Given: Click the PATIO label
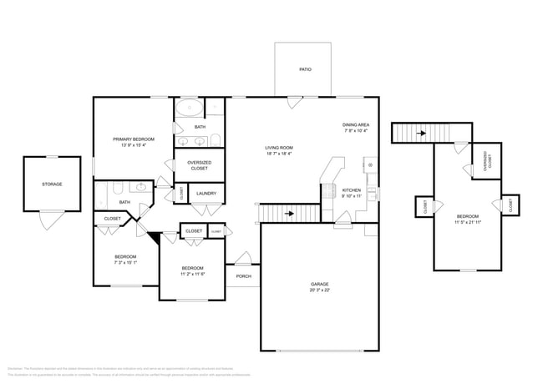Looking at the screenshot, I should coord(305,69).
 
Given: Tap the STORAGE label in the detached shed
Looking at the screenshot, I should coord(52,184).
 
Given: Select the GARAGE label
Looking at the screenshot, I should coord(319,285).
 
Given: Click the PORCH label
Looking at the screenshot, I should coord(243,276).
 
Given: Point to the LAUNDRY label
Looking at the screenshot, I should coord(206,194).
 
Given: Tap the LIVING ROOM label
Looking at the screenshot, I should coord(279,147).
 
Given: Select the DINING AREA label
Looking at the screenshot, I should coord(355,125).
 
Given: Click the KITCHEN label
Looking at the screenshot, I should coord(352,190).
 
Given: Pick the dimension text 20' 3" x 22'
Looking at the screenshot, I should coord(319,291).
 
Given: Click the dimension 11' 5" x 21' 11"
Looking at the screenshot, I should coord(469,223).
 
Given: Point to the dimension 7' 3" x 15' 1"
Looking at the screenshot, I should coord(125,261).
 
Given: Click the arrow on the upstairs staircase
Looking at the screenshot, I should coord(420,132).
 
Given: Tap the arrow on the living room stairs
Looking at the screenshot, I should coord(289,214).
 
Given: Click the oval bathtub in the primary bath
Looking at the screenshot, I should coord(190,108).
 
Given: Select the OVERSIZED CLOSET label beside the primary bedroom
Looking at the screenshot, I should coord(199,164).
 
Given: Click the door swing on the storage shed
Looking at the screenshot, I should coord(52,220).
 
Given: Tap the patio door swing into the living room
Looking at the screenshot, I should coord(294,104).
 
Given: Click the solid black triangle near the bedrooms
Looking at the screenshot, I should coord(154,237).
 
